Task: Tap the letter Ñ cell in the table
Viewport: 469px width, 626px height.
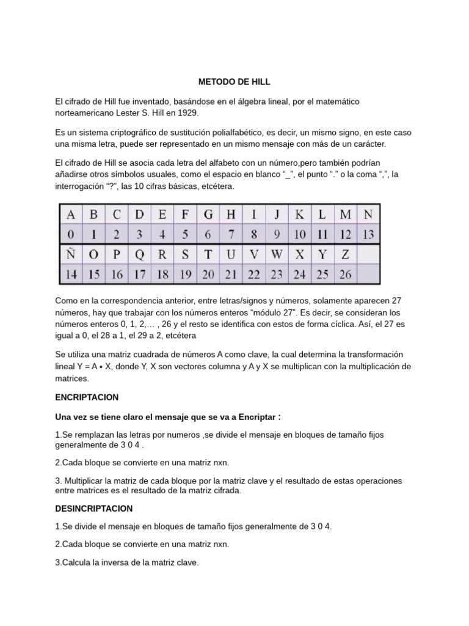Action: (71, 253)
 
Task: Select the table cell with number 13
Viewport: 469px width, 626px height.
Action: (368, 234)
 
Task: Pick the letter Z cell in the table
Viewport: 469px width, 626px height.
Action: (345, 253)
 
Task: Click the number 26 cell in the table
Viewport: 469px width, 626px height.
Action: (345, 274)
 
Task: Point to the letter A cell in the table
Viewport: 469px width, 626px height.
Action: (71, 215)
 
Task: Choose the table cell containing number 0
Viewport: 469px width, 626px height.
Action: (71, 234)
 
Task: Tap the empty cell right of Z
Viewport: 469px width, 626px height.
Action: (368, 253)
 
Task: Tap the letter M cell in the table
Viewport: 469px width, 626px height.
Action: (345, 215)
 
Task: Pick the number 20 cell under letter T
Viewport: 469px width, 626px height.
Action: (208, 274)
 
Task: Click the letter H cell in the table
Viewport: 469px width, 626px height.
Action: (231, 215)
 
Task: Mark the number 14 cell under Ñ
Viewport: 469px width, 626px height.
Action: (71, 274)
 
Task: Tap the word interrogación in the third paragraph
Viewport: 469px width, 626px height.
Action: (80, 185)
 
